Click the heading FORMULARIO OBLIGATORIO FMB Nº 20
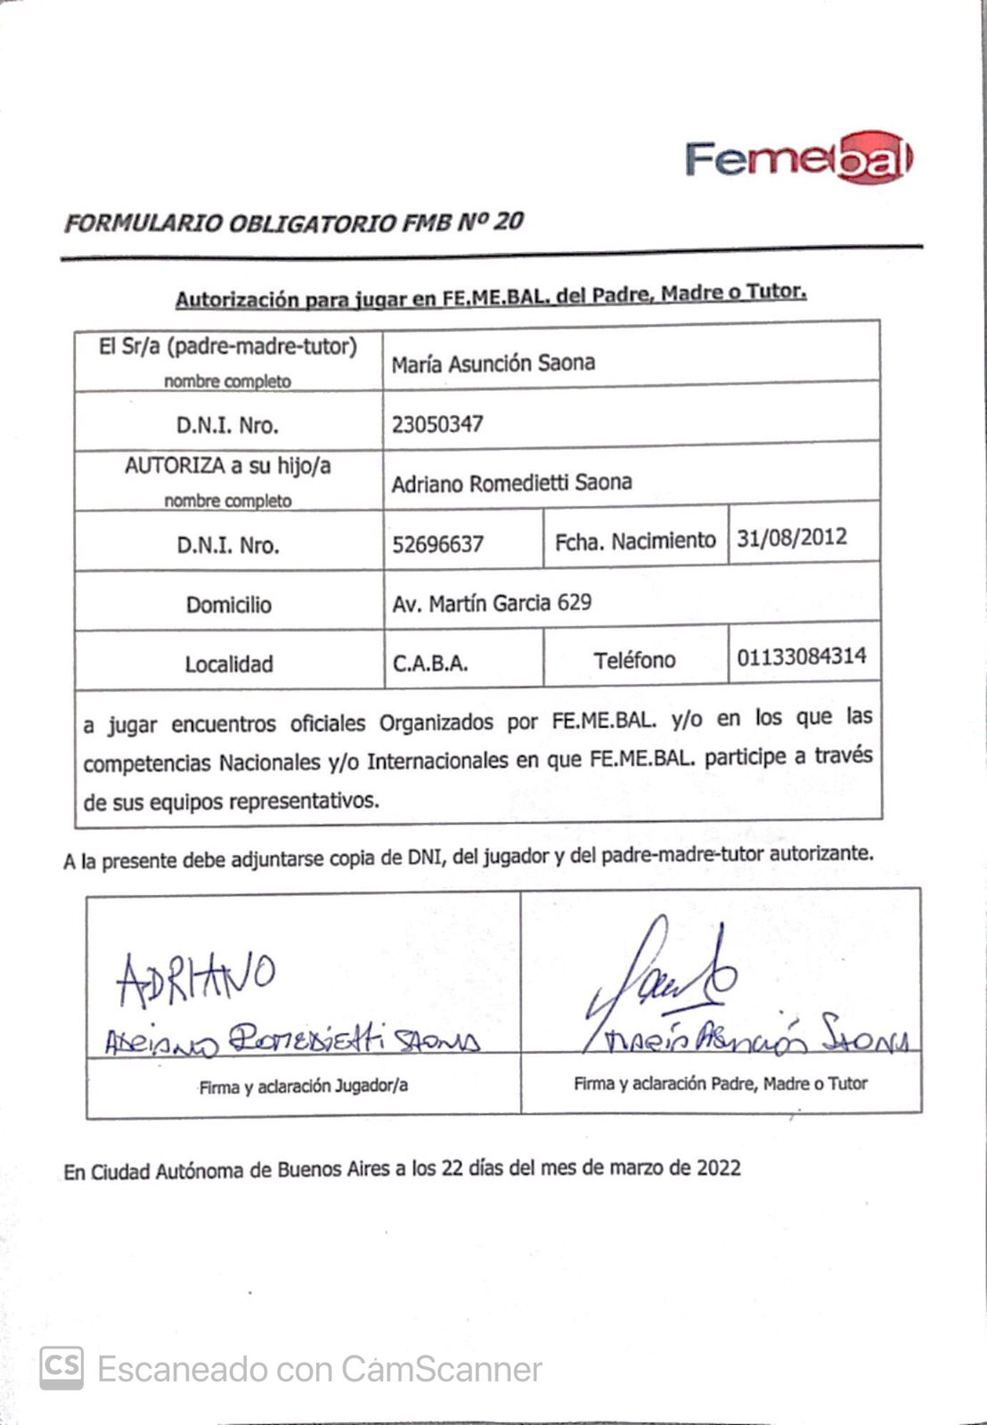tap(293, 222)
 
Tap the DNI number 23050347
tap(437, 424)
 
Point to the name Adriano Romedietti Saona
tap(511, 483)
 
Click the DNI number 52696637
tap(437, 543)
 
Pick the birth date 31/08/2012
tap(791, 538)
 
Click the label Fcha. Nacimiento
tap(635, 541)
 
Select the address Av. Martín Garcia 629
tap(491, 603)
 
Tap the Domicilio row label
tap(229, 605)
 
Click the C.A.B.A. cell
tap(430, 664)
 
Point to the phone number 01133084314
tap(801, 657)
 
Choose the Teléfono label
tap(634, 660)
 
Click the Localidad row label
tap(229, 664)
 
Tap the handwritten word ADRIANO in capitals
tap(195, 976)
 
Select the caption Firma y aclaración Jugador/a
tap(303, 1086)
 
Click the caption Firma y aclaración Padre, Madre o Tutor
tap(720, 1084)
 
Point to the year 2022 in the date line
tap(718, 1167)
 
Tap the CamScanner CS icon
tap(61, 1367)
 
